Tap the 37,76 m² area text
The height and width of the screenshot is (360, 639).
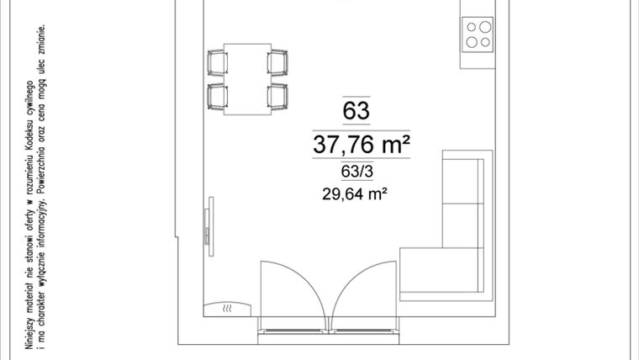362,145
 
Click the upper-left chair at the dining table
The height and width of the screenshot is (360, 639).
219,63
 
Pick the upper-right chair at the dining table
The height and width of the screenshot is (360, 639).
277,63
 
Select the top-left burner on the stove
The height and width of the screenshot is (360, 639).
472,26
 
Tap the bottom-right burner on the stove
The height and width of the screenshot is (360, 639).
486,41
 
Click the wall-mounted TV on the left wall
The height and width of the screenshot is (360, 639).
210,227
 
